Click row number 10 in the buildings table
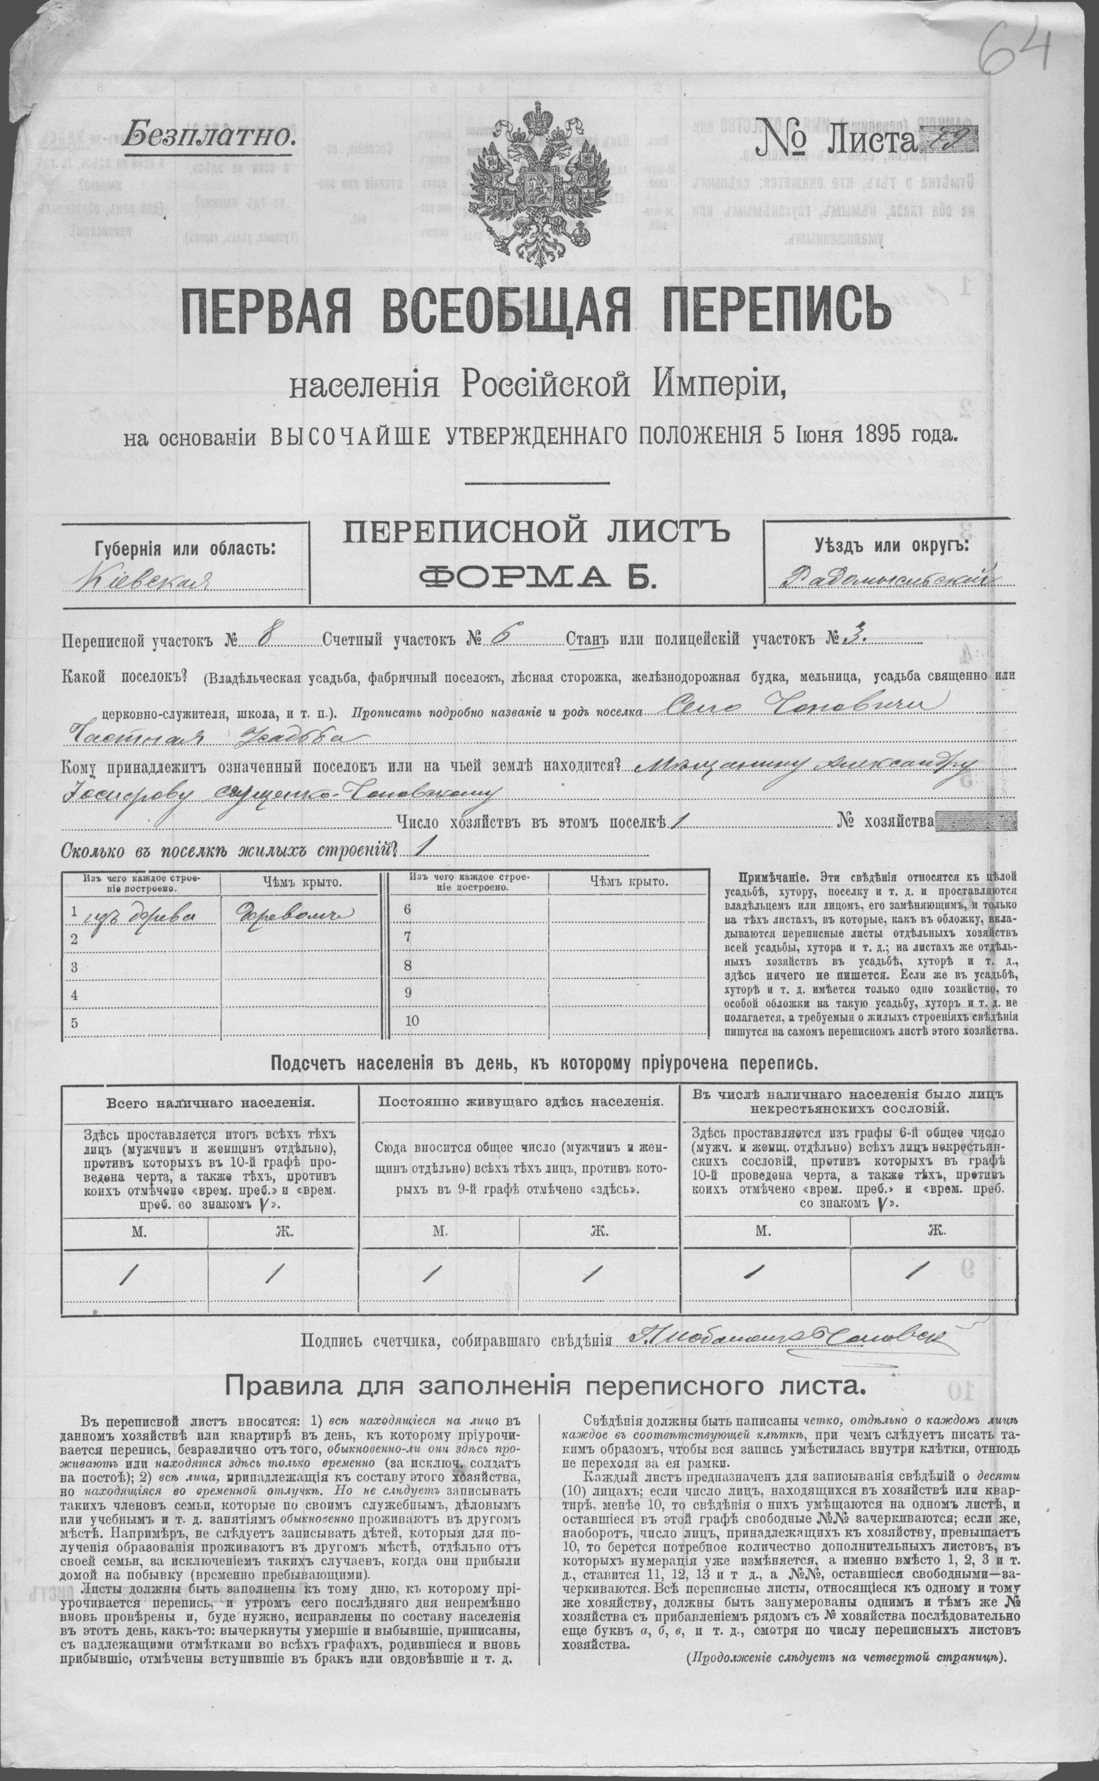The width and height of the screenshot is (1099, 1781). click(412, 1020)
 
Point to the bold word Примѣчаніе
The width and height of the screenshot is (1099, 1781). click(775, 877)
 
